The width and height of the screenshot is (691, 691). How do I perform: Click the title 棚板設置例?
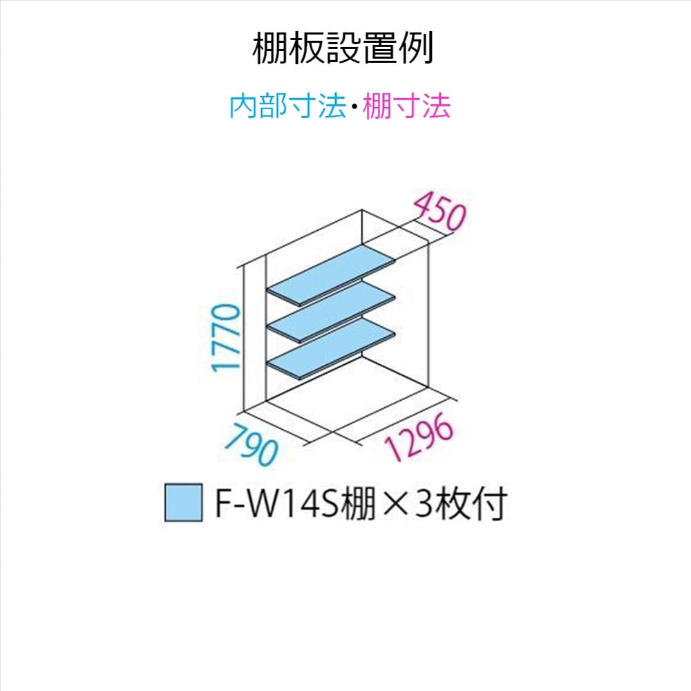tap(343, 48)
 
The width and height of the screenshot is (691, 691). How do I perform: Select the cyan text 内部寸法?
tap(287, 107)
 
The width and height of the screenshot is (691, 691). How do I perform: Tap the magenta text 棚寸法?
tap(406, 107)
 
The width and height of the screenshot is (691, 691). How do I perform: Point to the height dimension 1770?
tap(227, 338)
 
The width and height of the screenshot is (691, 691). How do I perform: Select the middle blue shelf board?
tap(332, 311)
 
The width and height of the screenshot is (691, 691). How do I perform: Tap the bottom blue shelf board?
tap(332, 349)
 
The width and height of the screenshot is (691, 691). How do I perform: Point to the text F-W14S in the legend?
tap(276, 504)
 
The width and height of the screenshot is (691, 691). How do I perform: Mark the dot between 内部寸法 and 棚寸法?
tap(354, 108)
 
